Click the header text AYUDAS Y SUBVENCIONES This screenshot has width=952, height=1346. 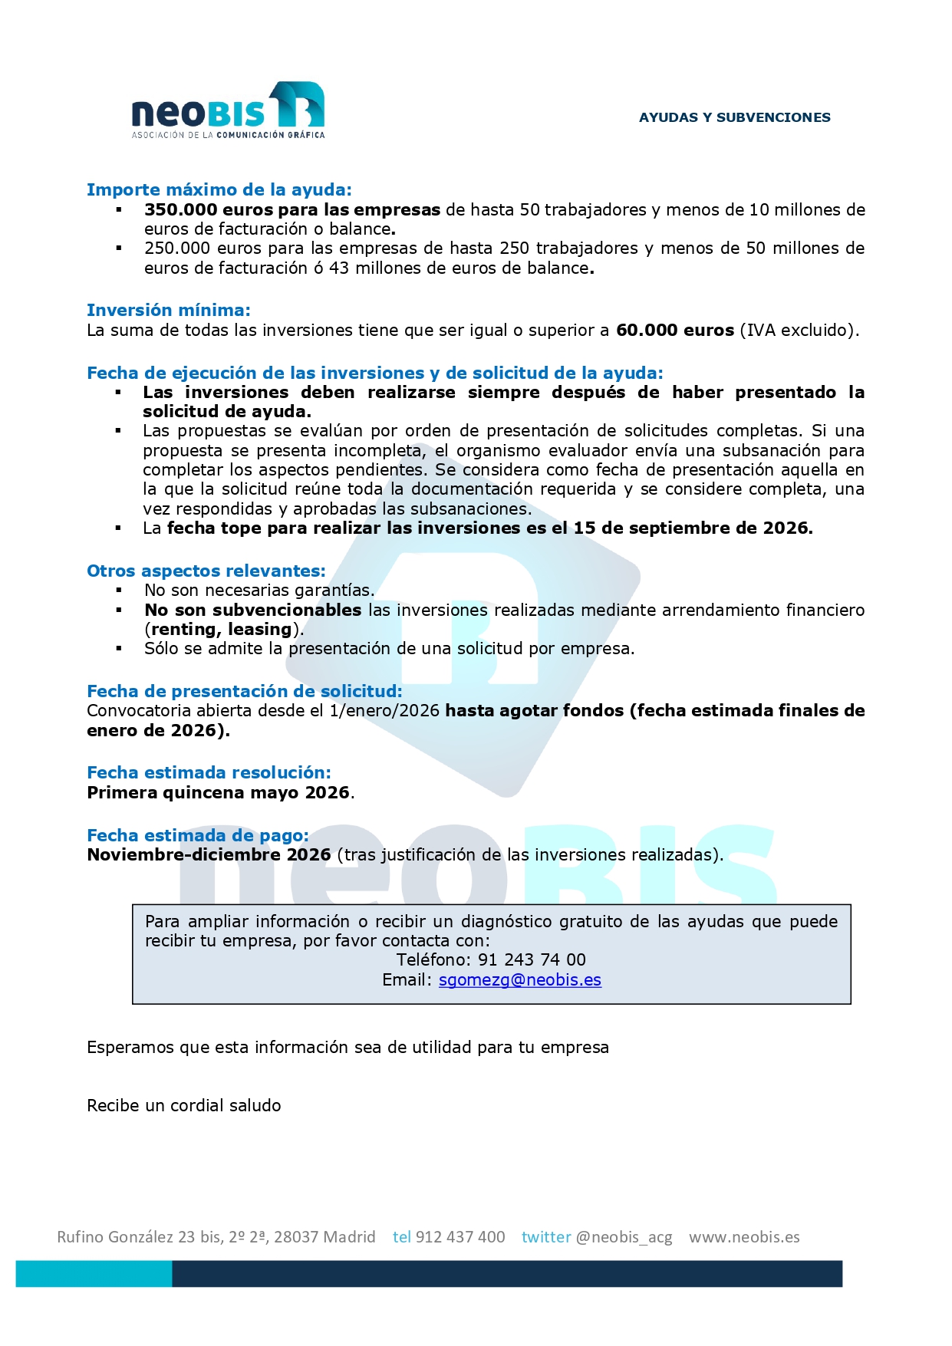[734, 117]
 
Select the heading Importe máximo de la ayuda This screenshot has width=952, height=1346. [219, 189]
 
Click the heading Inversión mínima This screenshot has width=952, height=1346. [168, 310]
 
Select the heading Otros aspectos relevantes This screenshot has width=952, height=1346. [206, 571]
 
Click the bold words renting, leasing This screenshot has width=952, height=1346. [222, 630]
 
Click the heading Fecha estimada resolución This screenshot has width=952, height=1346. [209, 772]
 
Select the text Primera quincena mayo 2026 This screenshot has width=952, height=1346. [219, 792]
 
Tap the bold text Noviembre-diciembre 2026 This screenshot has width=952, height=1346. [209, 855]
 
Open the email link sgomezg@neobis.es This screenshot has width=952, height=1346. [519, 980]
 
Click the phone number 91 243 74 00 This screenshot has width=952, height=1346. [532, 960]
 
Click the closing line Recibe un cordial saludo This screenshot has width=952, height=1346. [184, 1106]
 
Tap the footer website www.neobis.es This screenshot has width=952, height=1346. [744, 1237]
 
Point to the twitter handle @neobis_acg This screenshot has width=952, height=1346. [624, 1237]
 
